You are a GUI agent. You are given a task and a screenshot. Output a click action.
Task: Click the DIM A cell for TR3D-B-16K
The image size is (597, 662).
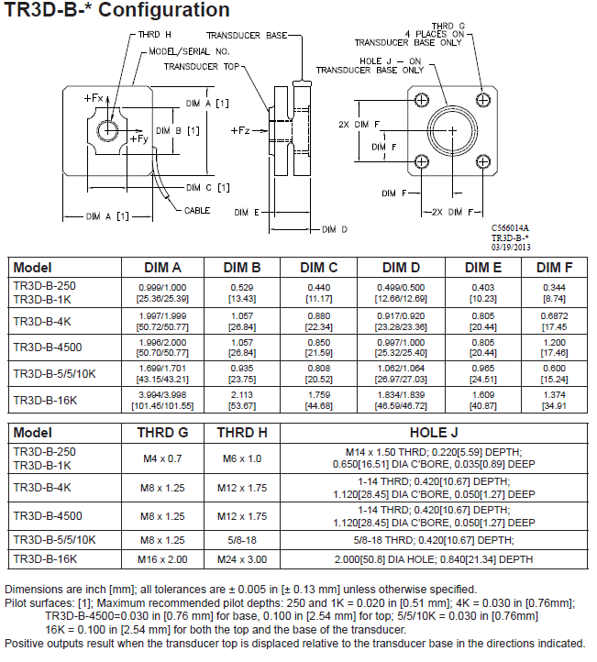pyautogui.click(x=162, y=401)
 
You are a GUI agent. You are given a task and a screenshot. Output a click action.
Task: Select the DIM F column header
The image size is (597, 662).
pyautogui.click(x=554, y=268)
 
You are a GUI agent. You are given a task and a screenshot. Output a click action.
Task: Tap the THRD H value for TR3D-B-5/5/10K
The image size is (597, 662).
pyautogui.click(x=242, y=540)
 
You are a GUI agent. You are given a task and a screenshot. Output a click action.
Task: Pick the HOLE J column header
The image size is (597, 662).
pyautogui.click(x=434, y=433)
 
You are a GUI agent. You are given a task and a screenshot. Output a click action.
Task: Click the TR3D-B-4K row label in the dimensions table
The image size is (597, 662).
pyautogui.click(x=42, y=322)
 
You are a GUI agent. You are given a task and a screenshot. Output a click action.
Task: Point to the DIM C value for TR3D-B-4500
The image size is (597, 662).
pyautogui.click(x=319, y=348)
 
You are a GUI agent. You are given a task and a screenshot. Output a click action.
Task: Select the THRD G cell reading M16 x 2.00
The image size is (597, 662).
pyautogui.click(x=162, y=559)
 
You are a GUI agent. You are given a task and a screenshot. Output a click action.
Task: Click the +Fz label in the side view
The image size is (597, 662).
pyautogui.click(x=240, y=130)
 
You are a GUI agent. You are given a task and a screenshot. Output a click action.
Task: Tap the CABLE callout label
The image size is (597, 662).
pyautogui.click(x=197, y=210)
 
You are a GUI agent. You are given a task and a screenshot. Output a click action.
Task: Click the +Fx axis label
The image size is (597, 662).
pyautogui.click(x=94, y=98)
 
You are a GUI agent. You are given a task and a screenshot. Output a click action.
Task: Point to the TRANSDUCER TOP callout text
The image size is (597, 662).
pyautogui.click(x=202, y=67)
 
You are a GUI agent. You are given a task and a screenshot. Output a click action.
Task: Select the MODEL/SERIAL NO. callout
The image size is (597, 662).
pyautogui.click(x=189, y=51)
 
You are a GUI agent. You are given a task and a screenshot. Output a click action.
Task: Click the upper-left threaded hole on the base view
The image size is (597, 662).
pyautogui.click(x=421, y=100)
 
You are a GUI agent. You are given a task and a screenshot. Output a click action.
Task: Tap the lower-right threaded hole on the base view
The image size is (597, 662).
pyautogui.click(x=483, y=161)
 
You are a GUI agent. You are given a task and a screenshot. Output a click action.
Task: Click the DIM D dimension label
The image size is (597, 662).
pyautogui.click(x=335, y=229)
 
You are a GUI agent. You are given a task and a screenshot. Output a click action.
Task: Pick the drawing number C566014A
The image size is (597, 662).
pyautogui.click(x=510, y=228)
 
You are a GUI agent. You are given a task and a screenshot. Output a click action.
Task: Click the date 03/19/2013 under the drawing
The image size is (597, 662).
pyautogui.click(x=511, y=247)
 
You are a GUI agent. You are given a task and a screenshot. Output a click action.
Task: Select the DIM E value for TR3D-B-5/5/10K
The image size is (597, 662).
pyautogui.click(x=483, y=374)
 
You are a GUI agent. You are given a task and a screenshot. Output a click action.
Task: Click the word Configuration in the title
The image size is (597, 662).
pyautogui.click(x=164, y=10)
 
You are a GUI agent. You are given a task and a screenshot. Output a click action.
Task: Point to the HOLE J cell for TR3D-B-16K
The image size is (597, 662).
pyautogui.click(x=434, y=559)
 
